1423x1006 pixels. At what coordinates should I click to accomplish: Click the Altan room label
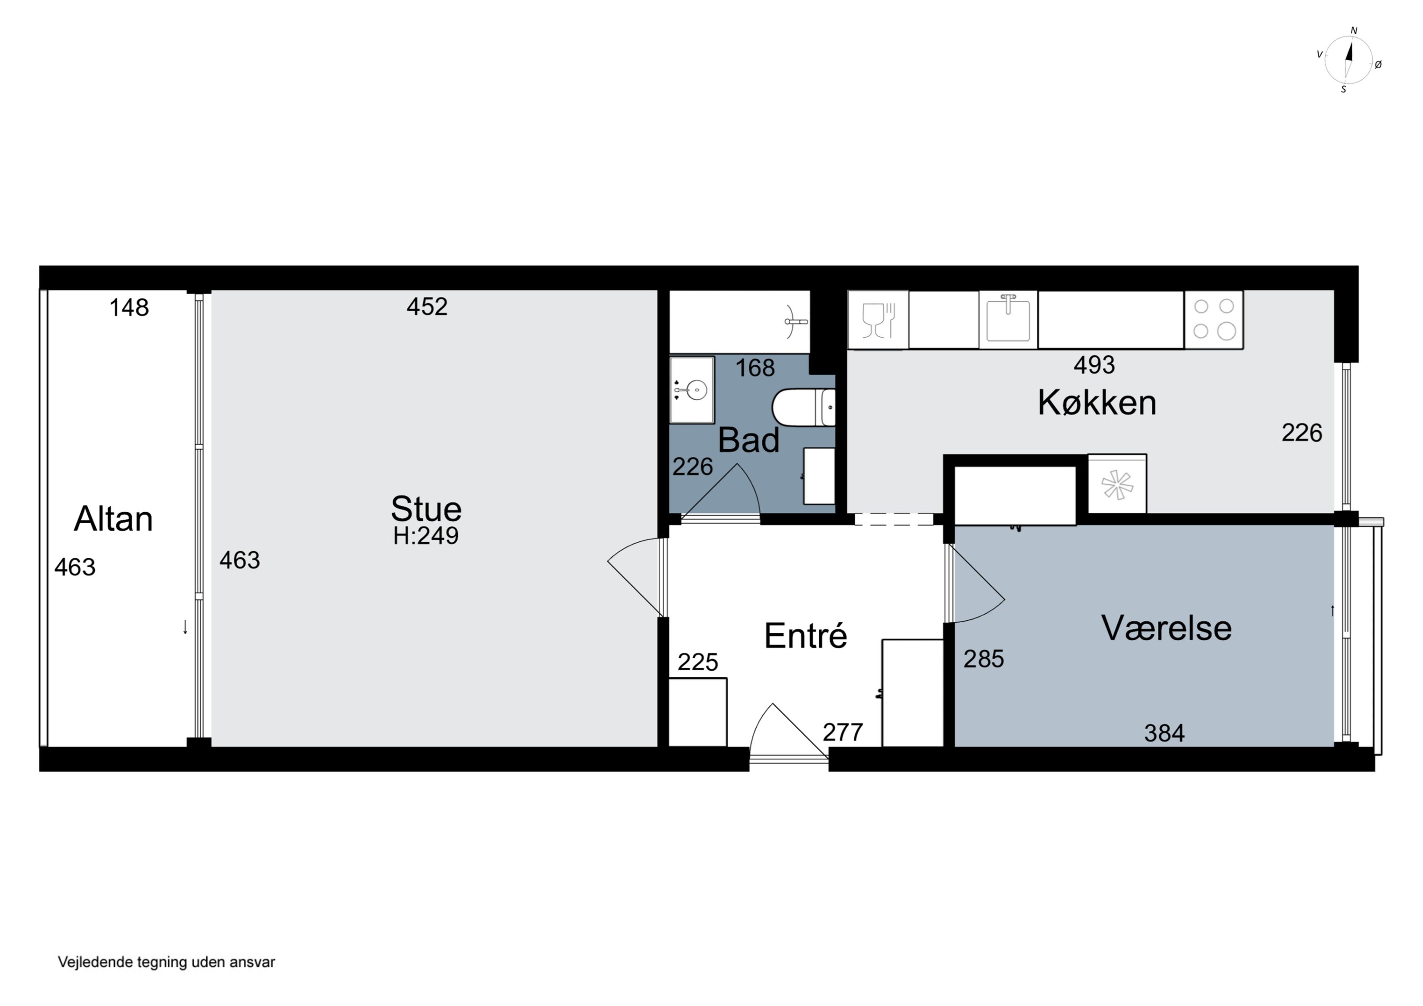coord(113,519)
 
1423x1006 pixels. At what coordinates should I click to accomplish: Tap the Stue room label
coord(426,509)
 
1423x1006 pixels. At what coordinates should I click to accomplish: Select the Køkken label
coord(1097,402)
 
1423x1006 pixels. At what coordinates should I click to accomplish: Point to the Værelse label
coord(1166,628)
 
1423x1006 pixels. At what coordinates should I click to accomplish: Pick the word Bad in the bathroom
coord(748,440)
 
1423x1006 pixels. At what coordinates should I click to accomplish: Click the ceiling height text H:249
coord(426,535)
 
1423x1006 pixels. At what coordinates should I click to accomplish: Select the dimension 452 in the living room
coord(427,306)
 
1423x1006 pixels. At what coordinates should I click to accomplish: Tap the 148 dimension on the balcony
coord(129,307)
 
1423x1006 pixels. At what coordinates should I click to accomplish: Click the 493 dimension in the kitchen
coord(1094,365)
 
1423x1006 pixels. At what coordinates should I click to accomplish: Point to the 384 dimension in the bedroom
coord(1164,733)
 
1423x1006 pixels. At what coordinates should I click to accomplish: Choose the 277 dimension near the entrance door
coord(843,733)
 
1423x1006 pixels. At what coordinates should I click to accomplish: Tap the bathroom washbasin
coord(692,390)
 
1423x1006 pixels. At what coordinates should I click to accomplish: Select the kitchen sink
coord(1008,319)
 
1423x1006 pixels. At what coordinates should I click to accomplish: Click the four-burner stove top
coord(1214,319)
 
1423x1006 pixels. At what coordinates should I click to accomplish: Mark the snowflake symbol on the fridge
coord(1117,485)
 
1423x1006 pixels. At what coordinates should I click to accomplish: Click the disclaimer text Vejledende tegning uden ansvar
coord(166,962)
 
